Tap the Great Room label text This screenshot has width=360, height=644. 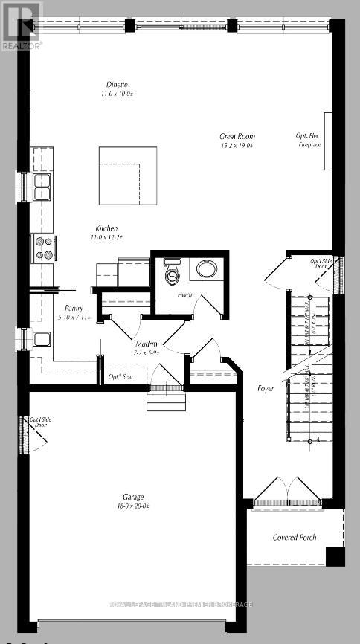point(237,136)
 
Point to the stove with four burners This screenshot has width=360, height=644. point(42,246)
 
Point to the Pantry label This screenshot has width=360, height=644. point(73,309)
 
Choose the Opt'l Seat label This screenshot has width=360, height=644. point(120,377)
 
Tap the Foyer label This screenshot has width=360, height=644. point(266,388)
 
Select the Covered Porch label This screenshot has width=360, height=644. point(295,537)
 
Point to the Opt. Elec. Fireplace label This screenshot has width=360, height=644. point(309,140)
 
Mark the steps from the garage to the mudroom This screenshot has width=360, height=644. point(163,402)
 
